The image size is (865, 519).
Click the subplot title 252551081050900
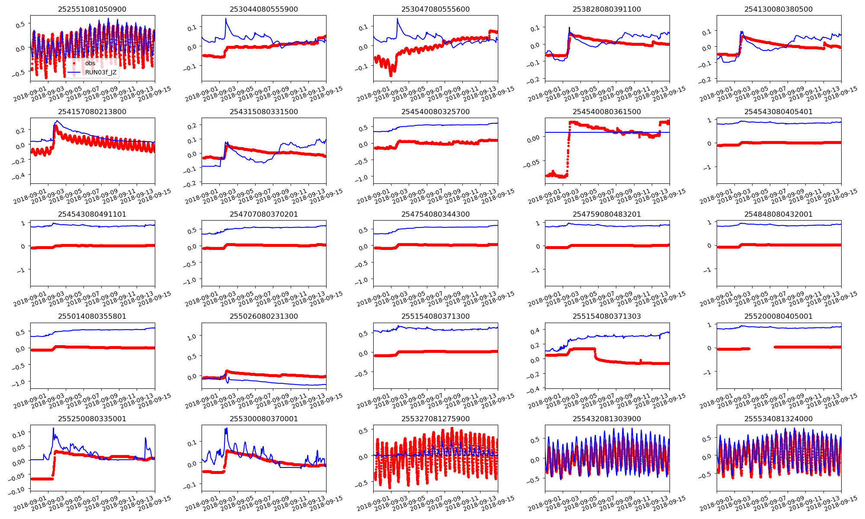tap(92, 9)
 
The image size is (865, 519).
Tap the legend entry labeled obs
tap(90, 63)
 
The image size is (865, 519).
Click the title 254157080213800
tap(92, 112)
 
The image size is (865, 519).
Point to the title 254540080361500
tap(607, 112)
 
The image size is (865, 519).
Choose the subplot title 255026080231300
tap(263, 316)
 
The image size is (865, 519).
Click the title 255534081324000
tap(778, 419)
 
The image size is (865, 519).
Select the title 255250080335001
tap(92, 419)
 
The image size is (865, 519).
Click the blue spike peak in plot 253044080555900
tap(226, 19)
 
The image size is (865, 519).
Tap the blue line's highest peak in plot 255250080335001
tap(54, 428)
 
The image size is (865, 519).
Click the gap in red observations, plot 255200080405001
tap(762, 348)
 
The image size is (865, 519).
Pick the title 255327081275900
tap(435, 419)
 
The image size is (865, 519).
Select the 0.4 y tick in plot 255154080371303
tap(535, 330)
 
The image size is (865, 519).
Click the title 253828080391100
tap(607, 9)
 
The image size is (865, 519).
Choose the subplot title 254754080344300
tap(435, 214)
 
